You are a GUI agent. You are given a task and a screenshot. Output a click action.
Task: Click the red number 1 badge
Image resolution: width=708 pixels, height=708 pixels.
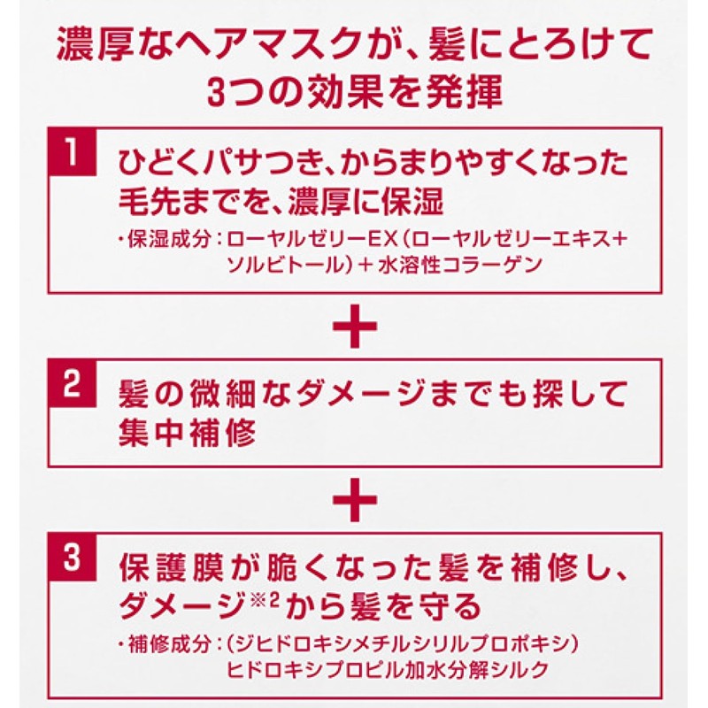tap(73, 151)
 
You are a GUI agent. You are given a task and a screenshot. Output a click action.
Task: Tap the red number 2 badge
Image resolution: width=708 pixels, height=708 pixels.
tap(73, 384)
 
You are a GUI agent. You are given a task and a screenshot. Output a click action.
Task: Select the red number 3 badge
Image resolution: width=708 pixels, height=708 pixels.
tap(73, 558)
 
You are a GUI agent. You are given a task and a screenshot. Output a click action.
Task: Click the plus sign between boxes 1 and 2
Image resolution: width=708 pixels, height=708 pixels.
tap(355, 326)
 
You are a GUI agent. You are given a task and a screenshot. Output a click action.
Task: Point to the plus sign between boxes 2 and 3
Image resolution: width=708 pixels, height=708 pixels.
tap(355, 499)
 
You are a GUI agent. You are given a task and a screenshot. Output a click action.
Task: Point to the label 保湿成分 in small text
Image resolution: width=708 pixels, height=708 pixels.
tap(169, 239)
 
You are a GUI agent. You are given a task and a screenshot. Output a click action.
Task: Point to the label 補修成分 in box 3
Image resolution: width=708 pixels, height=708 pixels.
tap(169, 643)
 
